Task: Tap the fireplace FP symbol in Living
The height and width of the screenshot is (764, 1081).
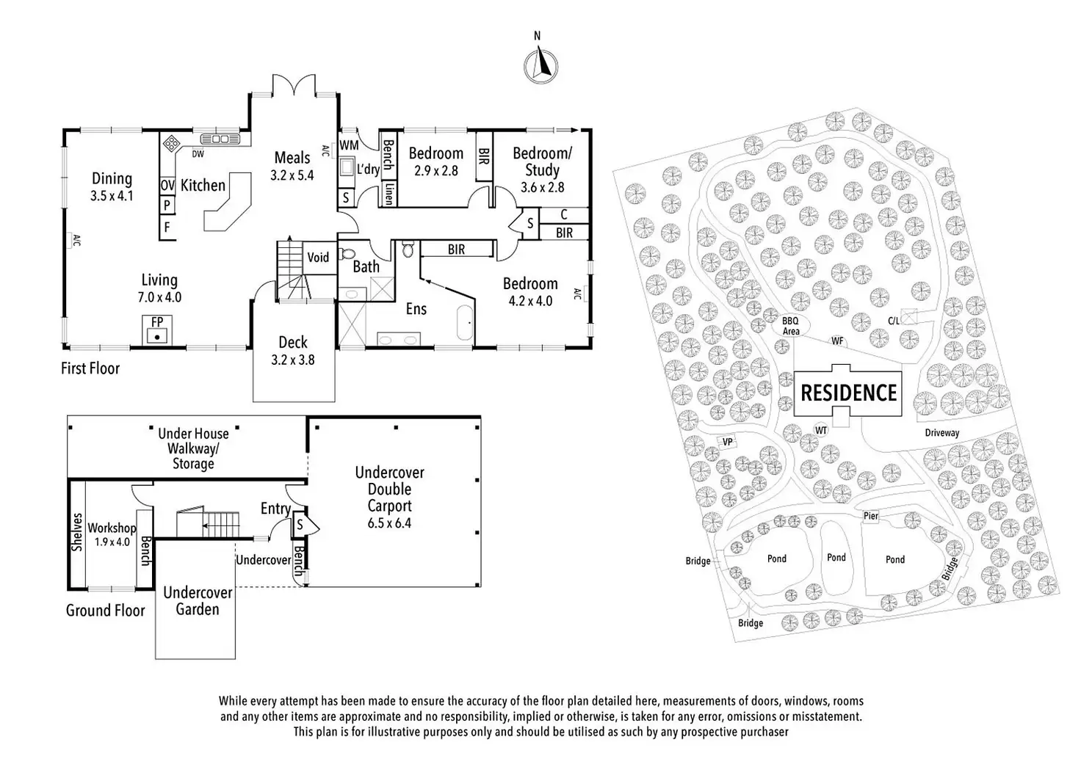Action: [x=156, y=331]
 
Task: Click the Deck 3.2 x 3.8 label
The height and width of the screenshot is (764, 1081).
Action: [x=293, y=351]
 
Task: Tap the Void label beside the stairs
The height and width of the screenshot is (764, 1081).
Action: [x=318, y=257]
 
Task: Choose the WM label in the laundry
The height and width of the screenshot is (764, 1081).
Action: [x=349, y=145]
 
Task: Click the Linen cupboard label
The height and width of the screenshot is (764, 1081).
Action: [x=388, y=195]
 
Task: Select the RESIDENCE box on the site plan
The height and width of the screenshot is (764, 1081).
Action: [x=848, y=393]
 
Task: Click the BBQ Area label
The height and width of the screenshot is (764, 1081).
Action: [x=791, y=326]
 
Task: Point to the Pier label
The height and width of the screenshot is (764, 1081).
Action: [x=871, y=516]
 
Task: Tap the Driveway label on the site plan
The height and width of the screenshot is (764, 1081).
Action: [x=941, y=433]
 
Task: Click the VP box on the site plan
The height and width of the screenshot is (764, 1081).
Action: [x=727, y=442]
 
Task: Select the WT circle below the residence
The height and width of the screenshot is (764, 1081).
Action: [x=821, y=430]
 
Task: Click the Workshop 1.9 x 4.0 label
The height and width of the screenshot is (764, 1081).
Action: [x=112, y=535]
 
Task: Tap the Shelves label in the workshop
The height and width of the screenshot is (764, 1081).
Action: [x=77, y=532]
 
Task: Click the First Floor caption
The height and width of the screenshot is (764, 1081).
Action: [x=90, y=368]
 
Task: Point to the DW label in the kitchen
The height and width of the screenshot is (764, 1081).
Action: [x=198, y=154]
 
